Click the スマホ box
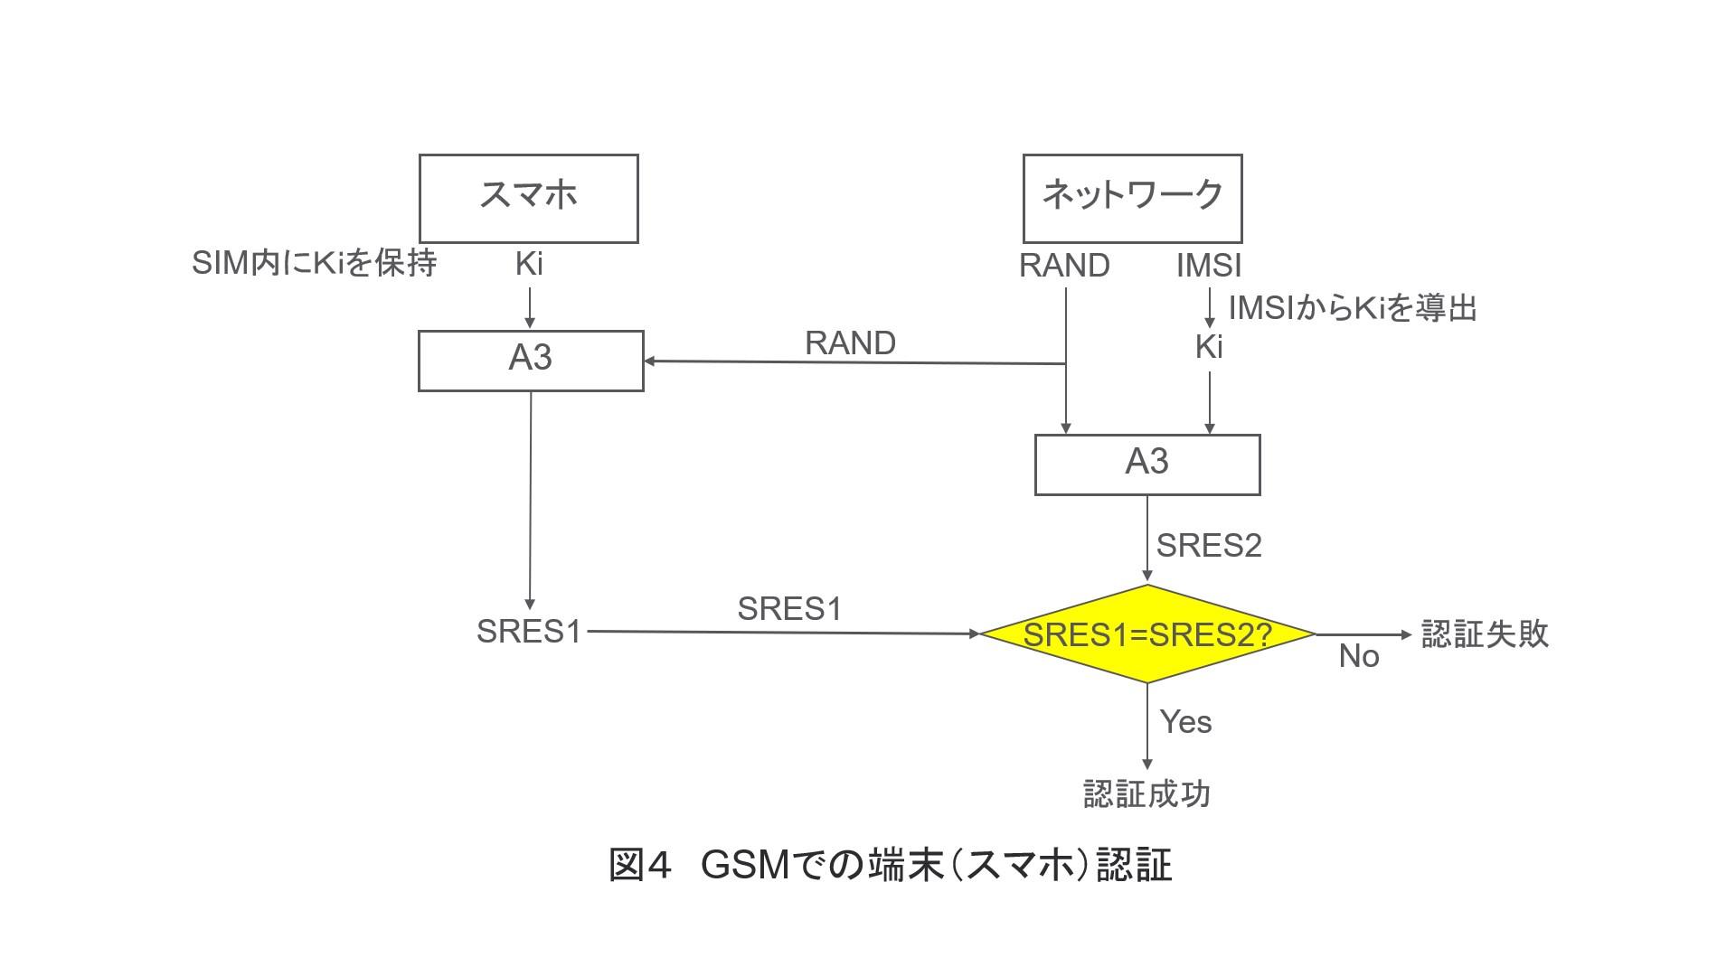[529, 198]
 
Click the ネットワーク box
[1132, 198]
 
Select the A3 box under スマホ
[531, 360]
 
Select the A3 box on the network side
[1146, 464]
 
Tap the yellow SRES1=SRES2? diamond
[1146, 634]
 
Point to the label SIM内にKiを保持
[314, 263]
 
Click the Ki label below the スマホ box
[529, 264]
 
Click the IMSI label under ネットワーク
[1209, 266]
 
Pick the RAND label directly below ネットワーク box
[1064, 266]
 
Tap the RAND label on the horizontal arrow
[850, 343]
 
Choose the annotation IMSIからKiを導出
[1352, 308]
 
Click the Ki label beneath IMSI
[1209, 347]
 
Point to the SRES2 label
[1209, 546]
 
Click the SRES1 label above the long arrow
[789, 609]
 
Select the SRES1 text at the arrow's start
[529, 632]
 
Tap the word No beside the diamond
[1359, 656]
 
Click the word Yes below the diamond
[1185, 722]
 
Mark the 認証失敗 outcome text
[1485, 633]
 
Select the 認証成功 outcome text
[1146, 793]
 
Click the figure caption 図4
[640, 865]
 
